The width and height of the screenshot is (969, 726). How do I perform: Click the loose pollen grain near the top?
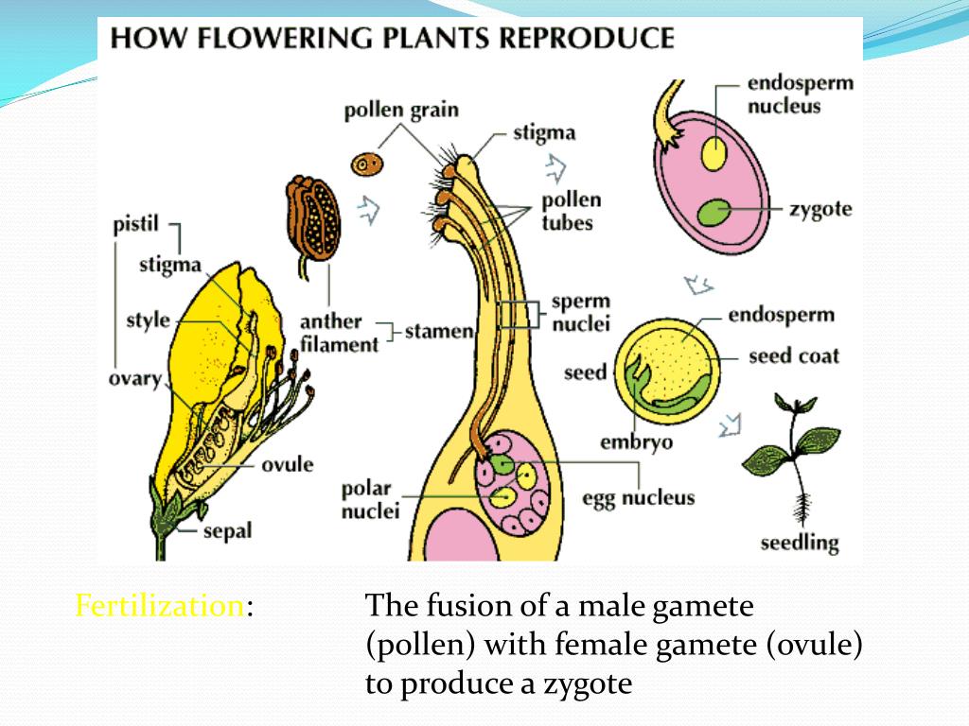[367, 164]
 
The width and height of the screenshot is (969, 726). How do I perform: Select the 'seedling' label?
[800, 543]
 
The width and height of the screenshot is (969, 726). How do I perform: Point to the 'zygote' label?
[820, 209]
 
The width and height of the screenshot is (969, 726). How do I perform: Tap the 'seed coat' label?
[793, 356]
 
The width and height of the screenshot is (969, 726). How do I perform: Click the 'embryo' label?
[636, 441]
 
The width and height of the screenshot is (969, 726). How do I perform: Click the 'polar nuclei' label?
[370, 501]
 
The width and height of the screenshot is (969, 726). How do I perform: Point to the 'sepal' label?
[228, 531]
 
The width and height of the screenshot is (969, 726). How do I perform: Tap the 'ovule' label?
[287, 464]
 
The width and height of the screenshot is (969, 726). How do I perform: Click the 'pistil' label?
[134, 226]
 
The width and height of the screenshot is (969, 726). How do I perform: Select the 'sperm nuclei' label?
[581, 313]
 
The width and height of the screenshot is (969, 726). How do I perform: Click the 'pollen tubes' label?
[571, 212]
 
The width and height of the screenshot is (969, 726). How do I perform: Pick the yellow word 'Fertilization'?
[160, 606]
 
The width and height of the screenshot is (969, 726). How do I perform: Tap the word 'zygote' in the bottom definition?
[585, 683]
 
